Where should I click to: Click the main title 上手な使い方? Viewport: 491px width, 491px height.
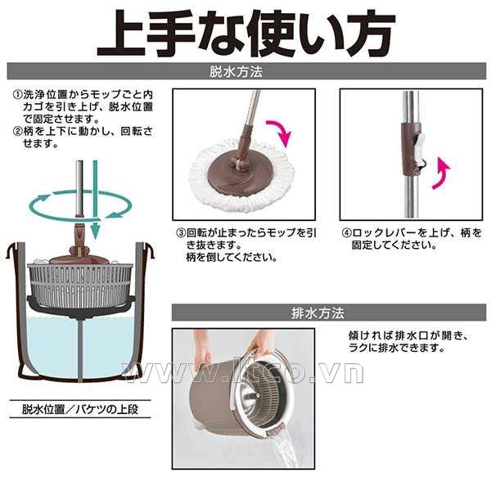click(x=246, y=34)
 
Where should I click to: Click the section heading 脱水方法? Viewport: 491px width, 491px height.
click(x=236, y=72)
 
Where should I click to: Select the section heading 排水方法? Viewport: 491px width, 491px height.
click(x=318, y=313)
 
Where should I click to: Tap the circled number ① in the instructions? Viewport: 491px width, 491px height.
click(x=17, y=94)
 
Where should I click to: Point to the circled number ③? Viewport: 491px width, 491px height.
click(x=181, y=233)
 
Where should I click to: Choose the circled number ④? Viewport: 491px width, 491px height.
click(x=346, y=233)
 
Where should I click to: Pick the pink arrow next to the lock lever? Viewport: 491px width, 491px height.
click(x=440, y=173)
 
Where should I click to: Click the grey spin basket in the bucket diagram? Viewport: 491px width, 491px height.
click(x=80, y=284)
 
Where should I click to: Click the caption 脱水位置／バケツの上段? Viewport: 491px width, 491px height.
click(x=80, y=409)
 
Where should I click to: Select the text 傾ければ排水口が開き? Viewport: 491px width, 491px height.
click(x=409, y=336)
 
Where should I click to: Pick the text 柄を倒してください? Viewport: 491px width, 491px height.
click(x=232, y=258)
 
